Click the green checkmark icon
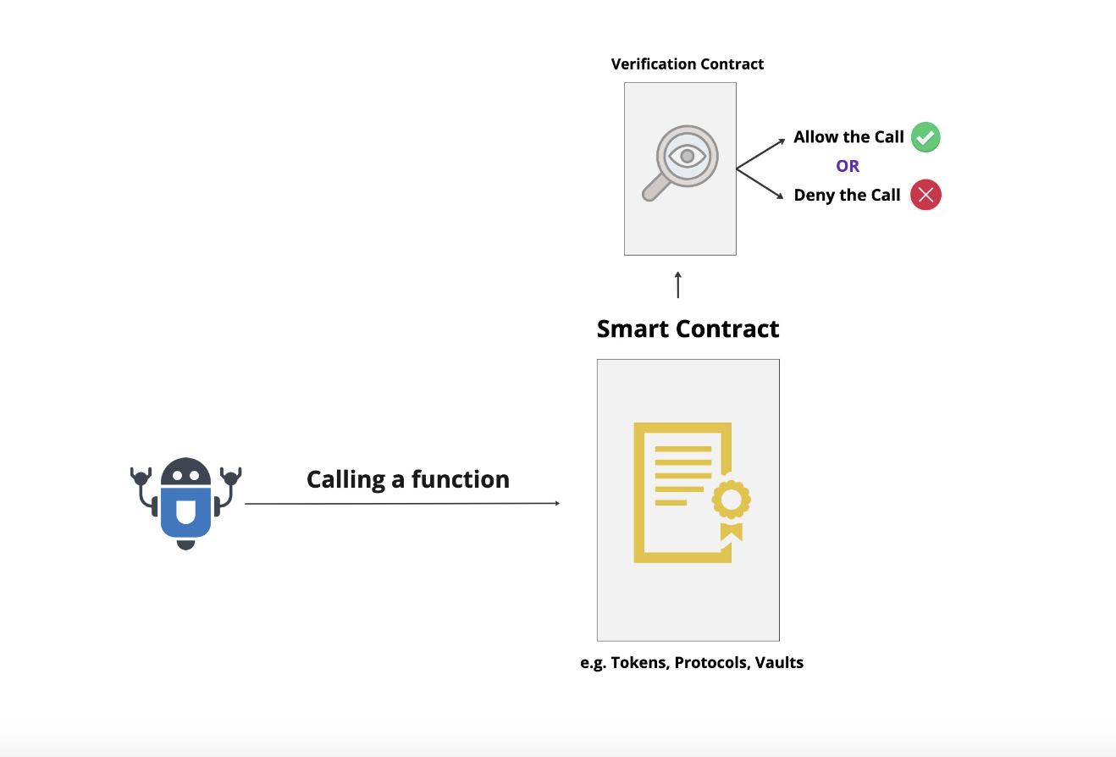tap(925, 137)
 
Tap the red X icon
tap(925, 196)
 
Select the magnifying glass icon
tap(682, 162)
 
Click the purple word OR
tap(848, 166)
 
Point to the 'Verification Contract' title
tap(687, 64)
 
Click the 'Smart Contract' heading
tap(688, 329)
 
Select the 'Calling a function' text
tap(408, 479)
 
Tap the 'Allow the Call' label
tap(848, 137)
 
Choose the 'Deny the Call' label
tap(847, 196)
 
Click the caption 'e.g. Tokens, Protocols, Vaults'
tap(692, 662)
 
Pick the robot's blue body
tap(185, 511)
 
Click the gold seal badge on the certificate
tap(732, 500)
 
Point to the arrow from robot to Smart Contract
tap(402, 504)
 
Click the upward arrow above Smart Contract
tap(677, 285)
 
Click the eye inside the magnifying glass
tap(687, 156)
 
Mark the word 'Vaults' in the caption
tap(779, 662)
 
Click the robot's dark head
tap(185, 472)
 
